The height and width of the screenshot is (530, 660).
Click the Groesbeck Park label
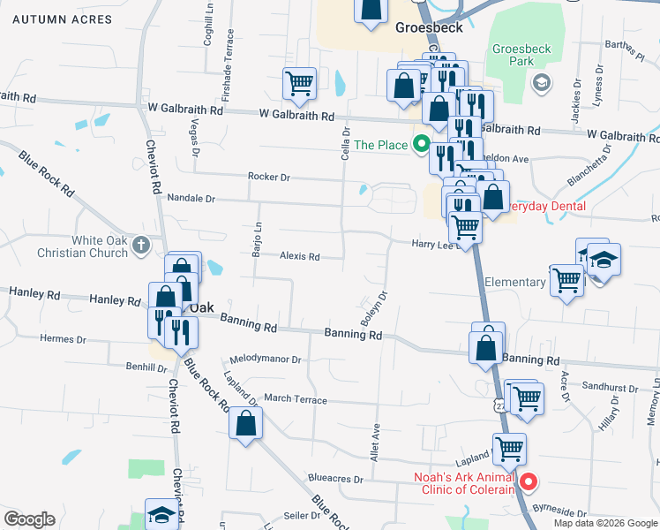[513, 55]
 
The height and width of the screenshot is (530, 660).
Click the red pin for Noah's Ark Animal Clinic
[529, 481]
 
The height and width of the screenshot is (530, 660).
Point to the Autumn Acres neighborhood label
[51, 19]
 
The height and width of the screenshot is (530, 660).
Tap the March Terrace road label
[295, 399]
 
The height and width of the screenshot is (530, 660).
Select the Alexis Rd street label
[299, 257]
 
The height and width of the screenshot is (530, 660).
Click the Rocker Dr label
[268, 177]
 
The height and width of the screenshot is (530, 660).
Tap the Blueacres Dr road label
[333, 480]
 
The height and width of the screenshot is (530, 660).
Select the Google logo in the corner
[30, 519]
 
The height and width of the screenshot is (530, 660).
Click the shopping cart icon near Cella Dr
[299, 84]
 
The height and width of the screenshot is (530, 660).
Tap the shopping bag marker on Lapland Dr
[245, 422]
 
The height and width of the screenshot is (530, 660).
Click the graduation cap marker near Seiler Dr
[161, 514]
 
